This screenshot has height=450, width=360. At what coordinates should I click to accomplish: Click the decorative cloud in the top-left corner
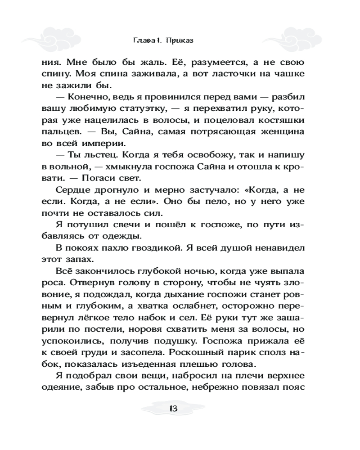[x=58, y=34]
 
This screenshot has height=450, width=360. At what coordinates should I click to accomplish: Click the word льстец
[x=100, y=155]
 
